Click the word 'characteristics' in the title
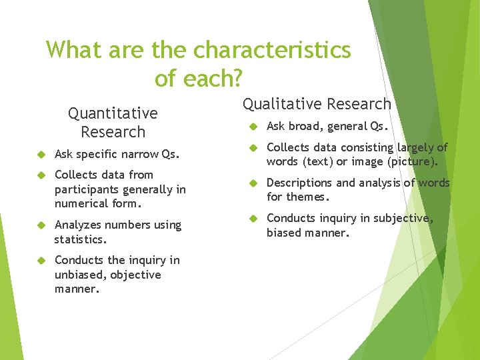tap(273, 50)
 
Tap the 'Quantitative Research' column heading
tap(113, 123)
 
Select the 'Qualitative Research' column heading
tap(317, 104)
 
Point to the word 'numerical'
tap(83, 204)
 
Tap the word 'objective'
tap(135, 275)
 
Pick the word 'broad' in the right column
tap(304, 126)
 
